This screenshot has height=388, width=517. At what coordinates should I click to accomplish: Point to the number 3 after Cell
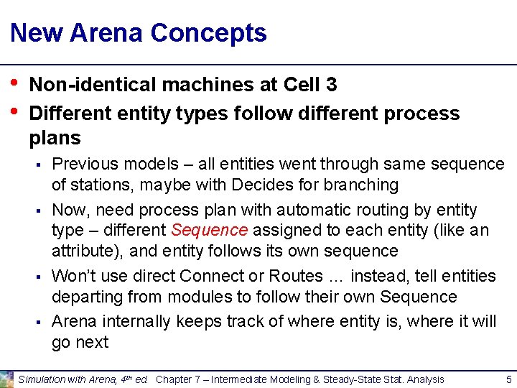330,85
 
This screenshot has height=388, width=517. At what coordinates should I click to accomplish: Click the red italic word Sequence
209,231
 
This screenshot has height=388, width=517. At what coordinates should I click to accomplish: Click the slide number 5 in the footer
508,379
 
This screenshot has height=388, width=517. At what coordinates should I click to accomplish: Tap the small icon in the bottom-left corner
6,379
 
